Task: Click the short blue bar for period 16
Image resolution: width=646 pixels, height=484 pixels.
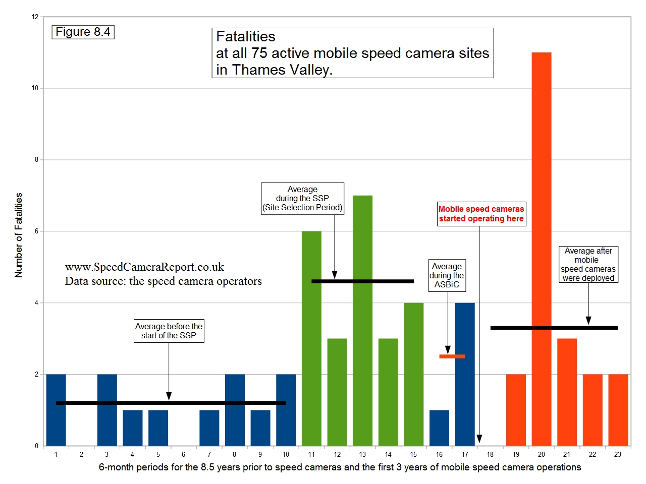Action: pyautogui.click(x=439, y=428)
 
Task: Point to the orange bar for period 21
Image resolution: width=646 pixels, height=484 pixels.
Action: pyautogui.click(x=567, y=392)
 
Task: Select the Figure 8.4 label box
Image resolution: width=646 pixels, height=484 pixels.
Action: pyautogui.click(x=83, y=32)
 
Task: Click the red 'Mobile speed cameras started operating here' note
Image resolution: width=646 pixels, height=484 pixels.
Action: pyautogui.click(x=481, y=214)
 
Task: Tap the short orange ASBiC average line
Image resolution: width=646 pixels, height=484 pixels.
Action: pyautogui.click(x=452, y=356)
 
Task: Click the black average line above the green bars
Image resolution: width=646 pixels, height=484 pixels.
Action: pyautogui.click(x=362, y=281)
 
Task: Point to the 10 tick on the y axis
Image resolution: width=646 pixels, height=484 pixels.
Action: pyautogui.click(x=35, y=88)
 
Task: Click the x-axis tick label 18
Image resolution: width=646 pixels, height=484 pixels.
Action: pyautogui.click(x=490, y=454)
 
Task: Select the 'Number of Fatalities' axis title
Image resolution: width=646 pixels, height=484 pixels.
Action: pyautogui.click(x=19, y=235)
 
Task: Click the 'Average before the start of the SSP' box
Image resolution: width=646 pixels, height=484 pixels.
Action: pyautogui.click(x=169, y=331)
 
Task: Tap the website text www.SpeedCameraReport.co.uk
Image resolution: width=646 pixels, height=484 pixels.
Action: pyautogui.click(x=144, y=267)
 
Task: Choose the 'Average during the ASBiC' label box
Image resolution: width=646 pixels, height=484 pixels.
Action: pyautogui.click(x=447, y=275)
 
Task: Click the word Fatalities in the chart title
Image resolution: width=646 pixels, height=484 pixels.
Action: pyautogui.click(x=246, y=37)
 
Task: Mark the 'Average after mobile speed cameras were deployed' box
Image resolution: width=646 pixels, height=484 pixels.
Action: pyautogui.click(x=588, y=264)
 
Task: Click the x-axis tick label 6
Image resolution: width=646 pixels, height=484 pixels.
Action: pyautogui.click(x=183, y=454)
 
